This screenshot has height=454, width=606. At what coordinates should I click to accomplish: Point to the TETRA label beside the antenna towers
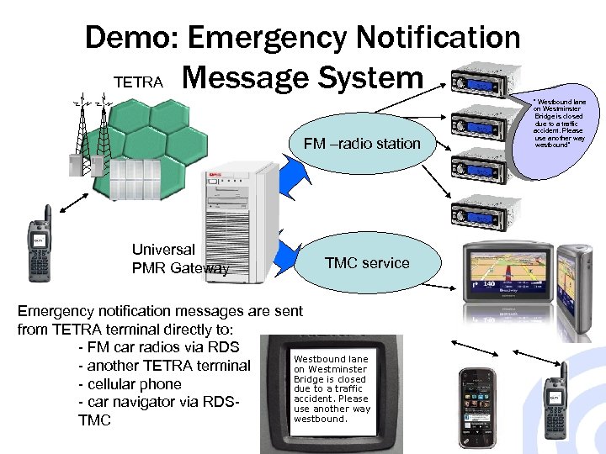point(138,82)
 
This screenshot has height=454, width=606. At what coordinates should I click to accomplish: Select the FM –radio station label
point(362,144)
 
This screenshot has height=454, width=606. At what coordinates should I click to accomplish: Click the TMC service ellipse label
point(367,263)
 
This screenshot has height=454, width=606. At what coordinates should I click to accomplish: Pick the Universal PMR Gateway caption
point(180,259)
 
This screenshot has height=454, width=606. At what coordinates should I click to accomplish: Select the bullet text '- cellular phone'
point(129,383)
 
